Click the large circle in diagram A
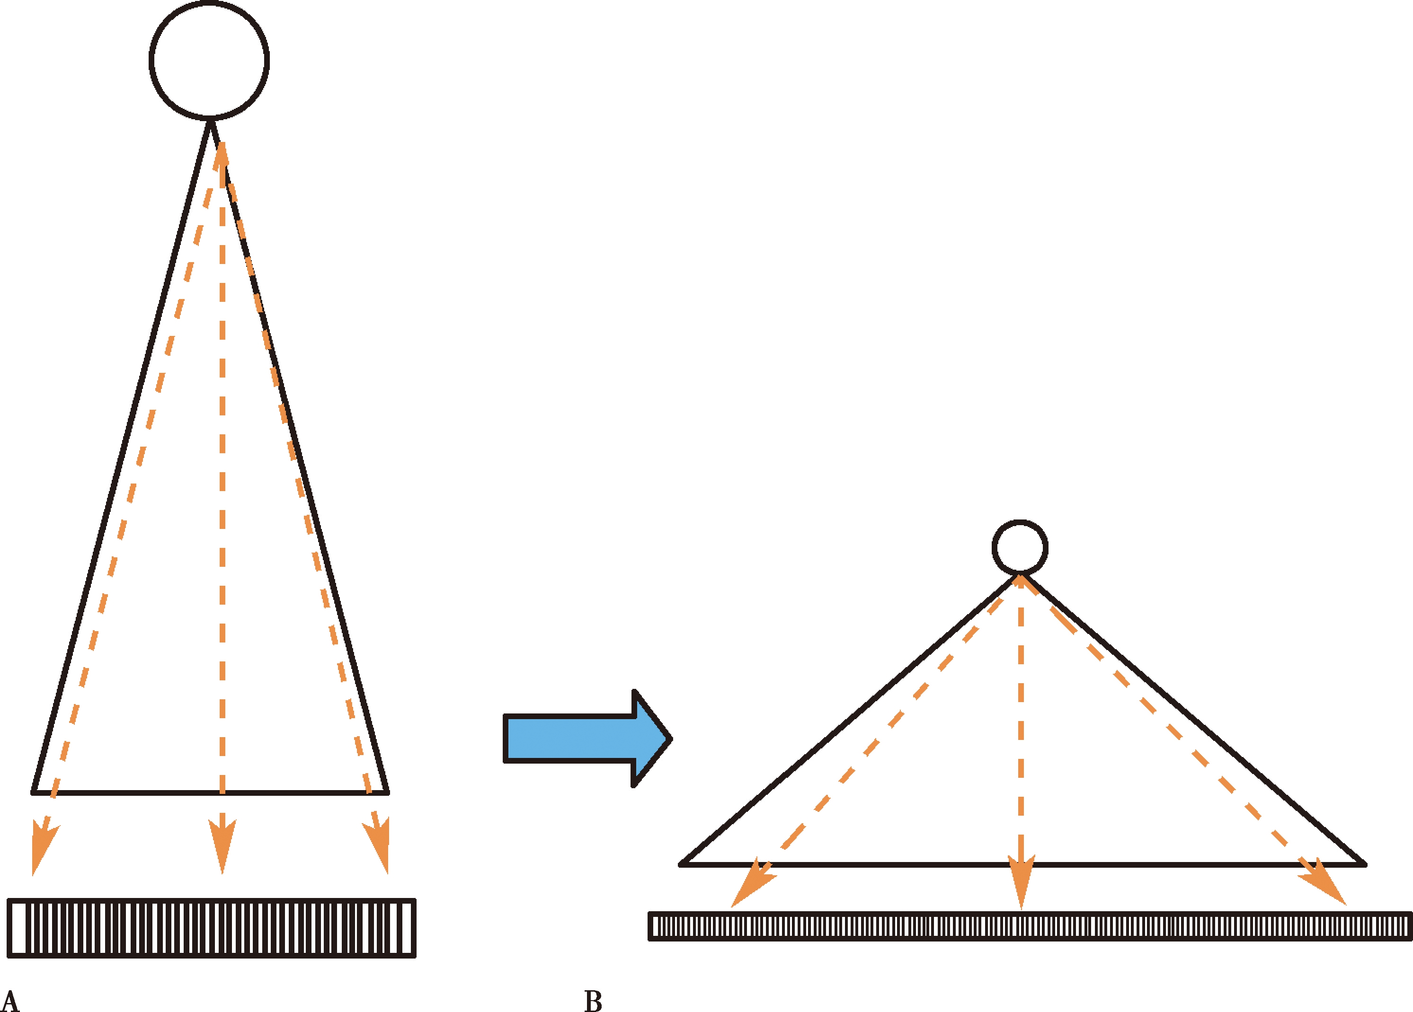coord(209,60)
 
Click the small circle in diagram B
coord(1020,547)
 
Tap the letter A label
coord(10,1002)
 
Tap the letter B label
coord(593,1002)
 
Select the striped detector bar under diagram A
coord(211,928)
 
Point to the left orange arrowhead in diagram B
coord(751,885)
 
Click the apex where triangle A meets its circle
coord(211,120)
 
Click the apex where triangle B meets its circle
coord(1020,574)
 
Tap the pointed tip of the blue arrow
coord(670,739)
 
